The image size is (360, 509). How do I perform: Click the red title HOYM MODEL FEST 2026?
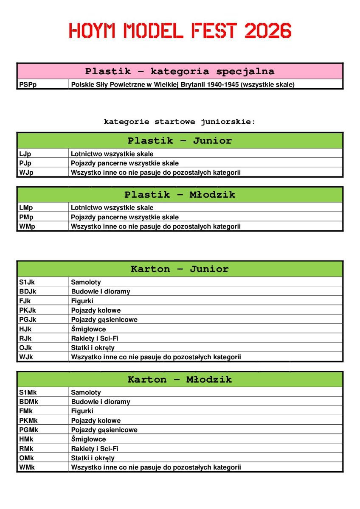[x=180, y=31]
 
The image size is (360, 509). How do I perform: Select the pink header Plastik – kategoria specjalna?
[x=180, y=71]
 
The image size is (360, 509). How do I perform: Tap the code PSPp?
[x=28, y=84]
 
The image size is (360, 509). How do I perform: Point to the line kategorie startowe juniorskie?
[x=180, y=122]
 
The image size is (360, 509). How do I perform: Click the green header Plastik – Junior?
[x=180, y=140]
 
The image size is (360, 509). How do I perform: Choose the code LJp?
[x=25, y=154]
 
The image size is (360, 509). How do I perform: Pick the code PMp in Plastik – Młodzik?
[x=26, y=217]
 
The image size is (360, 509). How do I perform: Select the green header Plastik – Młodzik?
[x=180, y=195]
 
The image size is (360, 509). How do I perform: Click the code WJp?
[x=26, y=173]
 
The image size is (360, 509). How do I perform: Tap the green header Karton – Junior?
[x=180, y=269]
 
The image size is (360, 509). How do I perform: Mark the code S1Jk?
[x=27, y=282]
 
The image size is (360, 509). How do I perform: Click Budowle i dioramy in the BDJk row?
[x=101, y=291]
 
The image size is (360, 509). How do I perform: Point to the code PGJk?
[x=28, y=319]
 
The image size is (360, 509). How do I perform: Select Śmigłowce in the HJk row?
[x=88, y=329]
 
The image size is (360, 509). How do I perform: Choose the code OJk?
[x=25, y=348]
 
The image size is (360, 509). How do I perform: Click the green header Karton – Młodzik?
[x=180, y=379]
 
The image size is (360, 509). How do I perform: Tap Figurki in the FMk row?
[x=82, y=411]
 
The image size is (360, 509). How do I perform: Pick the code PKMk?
[x=28, y=420]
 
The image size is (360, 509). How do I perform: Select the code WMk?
[x=27, y=467]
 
